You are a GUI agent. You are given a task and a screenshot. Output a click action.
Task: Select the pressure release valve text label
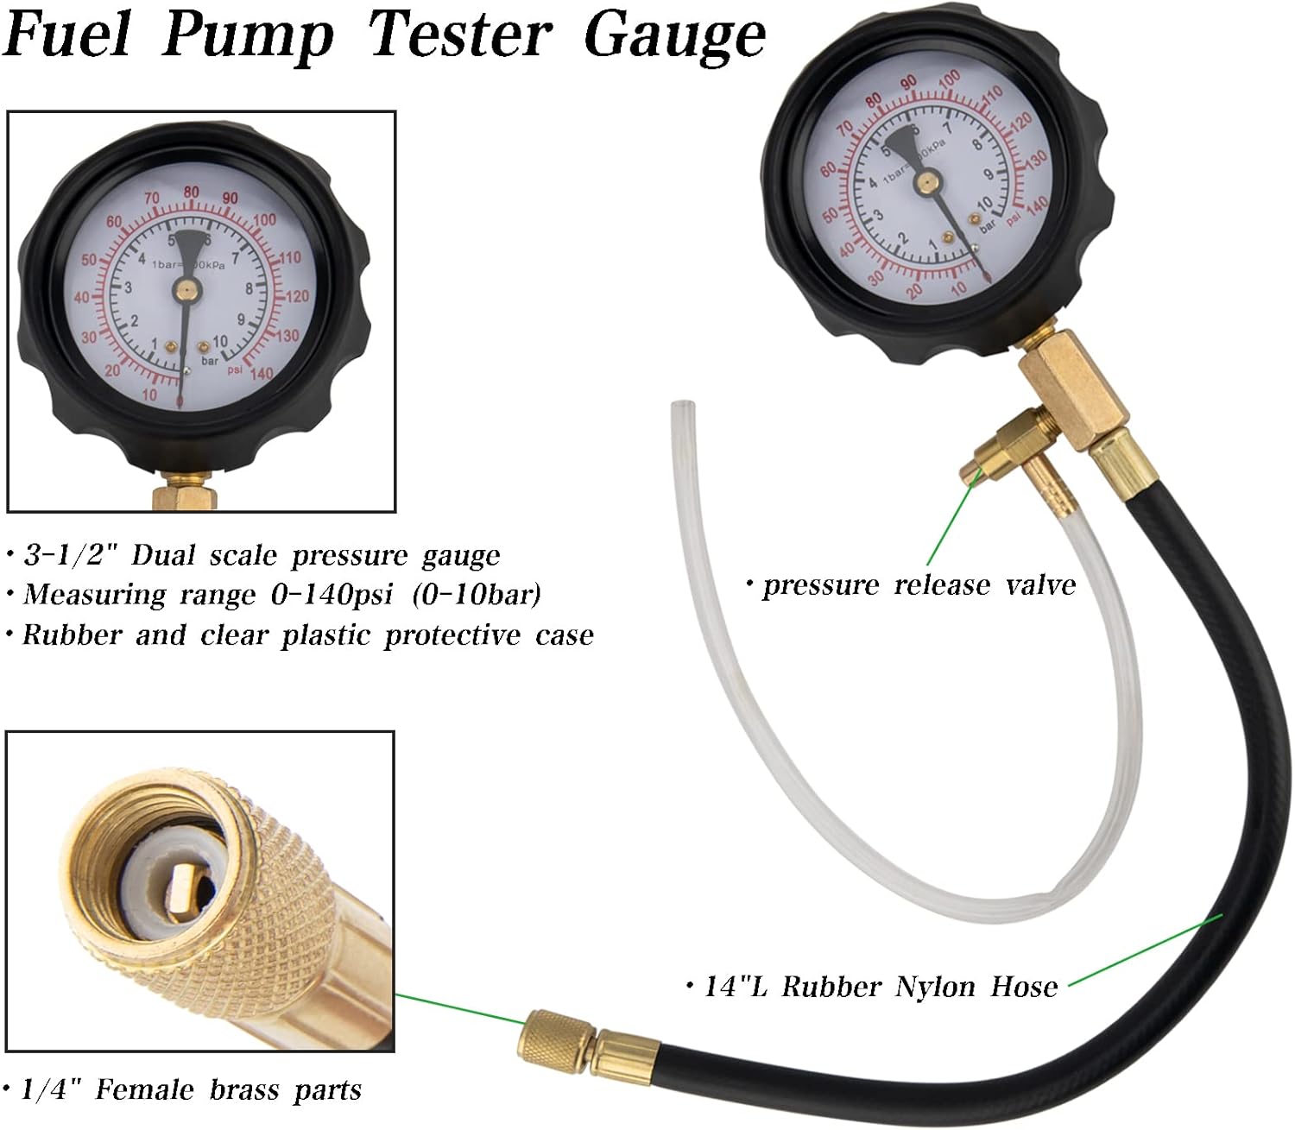[919, 586]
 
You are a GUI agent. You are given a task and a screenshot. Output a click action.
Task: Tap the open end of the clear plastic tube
[679, 405]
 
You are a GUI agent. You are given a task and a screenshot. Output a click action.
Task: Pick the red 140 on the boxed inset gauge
[261, 374]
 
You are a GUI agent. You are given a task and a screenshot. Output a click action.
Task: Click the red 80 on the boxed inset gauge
[191, 193]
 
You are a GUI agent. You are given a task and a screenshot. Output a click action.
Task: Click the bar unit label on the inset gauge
[210, 361]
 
